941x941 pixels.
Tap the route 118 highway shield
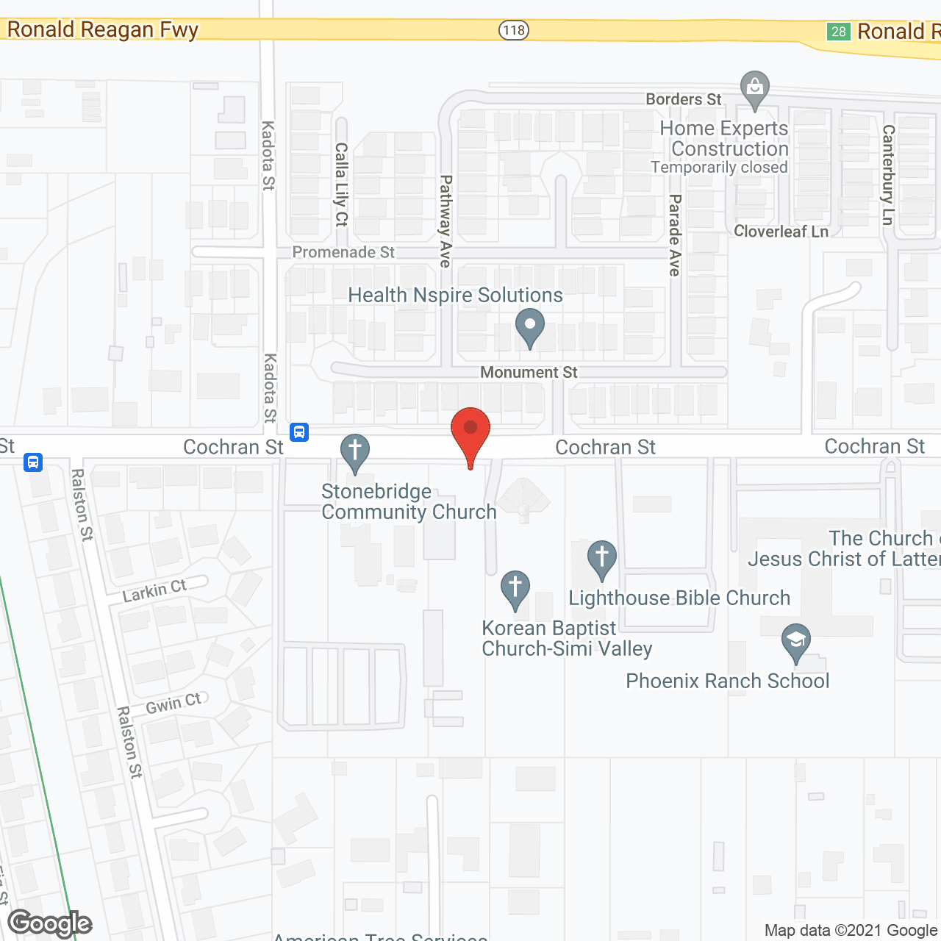(x=514, y=30)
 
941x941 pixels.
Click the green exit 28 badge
(x=839, y=32)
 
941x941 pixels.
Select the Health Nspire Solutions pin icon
(x=529, y=327)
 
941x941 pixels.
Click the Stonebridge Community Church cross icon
(x=355, y=452)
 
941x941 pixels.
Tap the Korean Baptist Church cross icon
(x=515, y=590)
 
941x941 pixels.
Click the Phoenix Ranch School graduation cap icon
(x=796, y=642)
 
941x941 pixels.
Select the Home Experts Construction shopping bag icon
(x=755, y=89)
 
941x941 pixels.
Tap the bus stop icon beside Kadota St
(x=299, y=432)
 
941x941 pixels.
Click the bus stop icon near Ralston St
(x=33, y=462)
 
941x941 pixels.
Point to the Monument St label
(x=529, y=373)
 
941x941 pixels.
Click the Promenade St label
(x=343, y=252)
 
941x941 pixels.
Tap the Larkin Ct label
(x=154, y=590)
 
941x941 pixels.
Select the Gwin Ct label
(x=173, y=704)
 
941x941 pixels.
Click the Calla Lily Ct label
(x=342, y=185)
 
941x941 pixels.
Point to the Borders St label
(x=684, y=99)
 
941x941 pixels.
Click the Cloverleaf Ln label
(x=781, y=232)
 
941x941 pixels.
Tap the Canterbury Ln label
(x=888, y=174)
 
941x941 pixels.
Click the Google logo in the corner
(x=50, y=923)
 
